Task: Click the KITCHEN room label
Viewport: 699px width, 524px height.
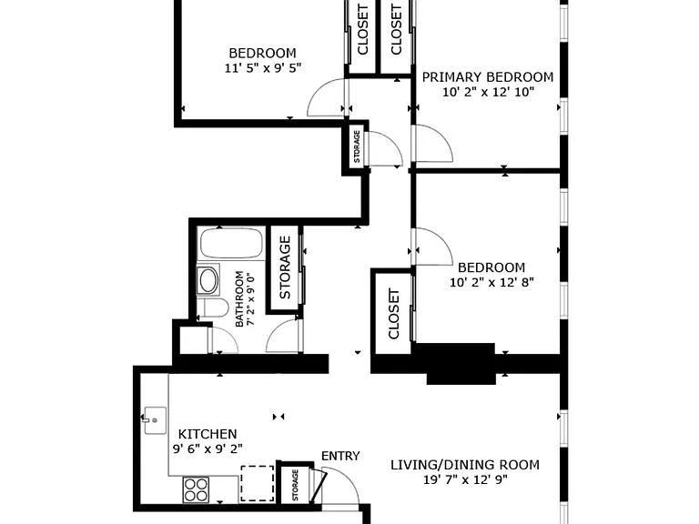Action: (x=208, y=434)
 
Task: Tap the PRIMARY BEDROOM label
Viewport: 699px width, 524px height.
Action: (x=488, y=77)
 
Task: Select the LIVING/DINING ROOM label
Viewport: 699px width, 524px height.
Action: (x=465, y=465)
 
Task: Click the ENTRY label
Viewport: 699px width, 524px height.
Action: (x=340, y=456)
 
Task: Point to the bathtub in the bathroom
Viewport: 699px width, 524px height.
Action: (x=231, y=243)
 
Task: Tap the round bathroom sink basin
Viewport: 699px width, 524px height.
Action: (x=208, y=280)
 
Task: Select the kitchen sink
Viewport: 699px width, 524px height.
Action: (x=154, y=420)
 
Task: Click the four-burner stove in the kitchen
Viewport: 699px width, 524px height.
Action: (x=197, y=489)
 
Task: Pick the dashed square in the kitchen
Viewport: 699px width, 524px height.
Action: (x=258, y=484)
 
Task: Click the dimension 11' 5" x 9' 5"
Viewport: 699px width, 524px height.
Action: (x=263, y=68)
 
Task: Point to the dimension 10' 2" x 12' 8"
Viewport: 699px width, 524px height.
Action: (x=491, y=283)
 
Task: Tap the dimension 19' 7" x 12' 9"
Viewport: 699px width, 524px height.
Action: (x=465, y=480)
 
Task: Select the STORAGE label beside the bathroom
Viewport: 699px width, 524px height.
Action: (x=285, y=267)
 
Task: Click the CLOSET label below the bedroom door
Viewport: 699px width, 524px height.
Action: (x=394, y=314)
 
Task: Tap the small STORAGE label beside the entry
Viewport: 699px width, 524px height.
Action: (x=295, y=485)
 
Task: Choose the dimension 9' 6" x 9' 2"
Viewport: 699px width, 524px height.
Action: (x=208, y=448)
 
